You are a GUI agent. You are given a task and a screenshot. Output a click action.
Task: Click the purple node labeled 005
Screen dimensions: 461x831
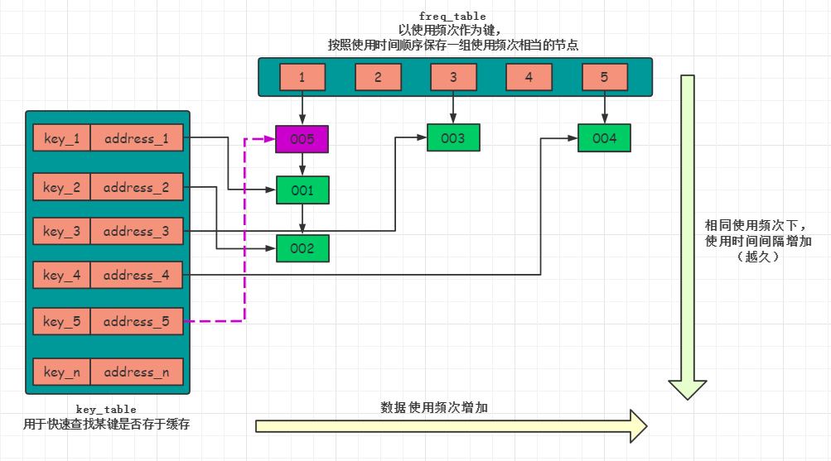point(302,139)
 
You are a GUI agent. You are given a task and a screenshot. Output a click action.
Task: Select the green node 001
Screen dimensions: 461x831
point(302,190)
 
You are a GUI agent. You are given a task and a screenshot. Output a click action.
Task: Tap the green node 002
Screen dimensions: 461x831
point(302,248)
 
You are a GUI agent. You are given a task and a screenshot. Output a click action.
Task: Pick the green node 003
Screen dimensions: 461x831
point(453,138)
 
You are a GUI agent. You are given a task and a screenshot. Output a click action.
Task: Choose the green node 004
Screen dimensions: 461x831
point(604,138)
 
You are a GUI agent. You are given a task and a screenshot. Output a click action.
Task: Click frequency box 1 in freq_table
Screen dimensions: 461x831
point(302,77)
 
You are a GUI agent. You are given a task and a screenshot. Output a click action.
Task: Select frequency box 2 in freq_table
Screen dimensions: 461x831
point(378,77)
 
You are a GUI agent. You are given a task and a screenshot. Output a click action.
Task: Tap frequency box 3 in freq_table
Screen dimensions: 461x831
point(453,77)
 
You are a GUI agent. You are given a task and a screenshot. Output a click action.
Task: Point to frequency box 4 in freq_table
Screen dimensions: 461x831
point(529,77)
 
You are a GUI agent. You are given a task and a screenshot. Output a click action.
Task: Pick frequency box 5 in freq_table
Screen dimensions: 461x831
point(604,77)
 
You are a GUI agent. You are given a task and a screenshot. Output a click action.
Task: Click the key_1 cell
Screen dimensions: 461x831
point(61,138)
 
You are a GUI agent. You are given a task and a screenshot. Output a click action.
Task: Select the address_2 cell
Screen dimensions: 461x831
point(137,188)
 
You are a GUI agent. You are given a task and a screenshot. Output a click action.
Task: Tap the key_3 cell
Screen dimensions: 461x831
point(61,232)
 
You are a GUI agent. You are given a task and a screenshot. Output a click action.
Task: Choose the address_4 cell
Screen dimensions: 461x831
point(137,275)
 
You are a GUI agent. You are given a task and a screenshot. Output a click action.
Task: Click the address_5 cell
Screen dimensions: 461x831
point(137,321)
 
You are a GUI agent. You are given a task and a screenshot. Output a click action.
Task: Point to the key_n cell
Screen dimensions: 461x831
point(61,372)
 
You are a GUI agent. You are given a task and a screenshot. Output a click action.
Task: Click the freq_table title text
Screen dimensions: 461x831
point(452,16)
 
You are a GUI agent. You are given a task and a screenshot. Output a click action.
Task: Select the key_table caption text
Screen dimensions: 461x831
point(106,409)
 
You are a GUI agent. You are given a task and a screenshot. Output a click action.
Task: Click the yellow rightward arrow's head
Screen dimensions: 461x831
point(636,425)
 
